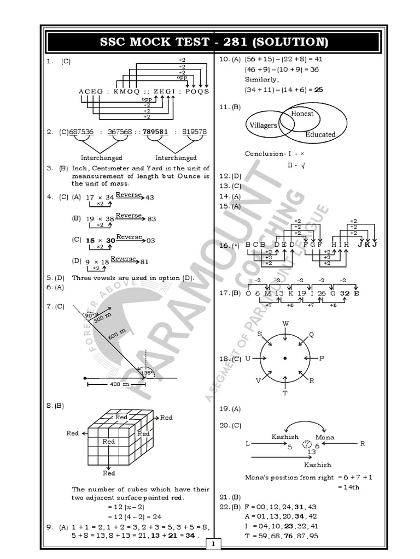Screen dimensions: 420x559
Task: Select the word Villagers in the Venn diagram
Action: point(263,126)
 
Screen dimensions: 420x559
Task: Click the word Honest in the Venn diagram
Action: point(302,114)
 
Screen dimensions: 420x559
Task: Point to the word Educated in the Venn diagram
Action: point(320,134)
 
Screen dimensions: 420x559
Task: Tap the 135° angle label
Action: point(147,373)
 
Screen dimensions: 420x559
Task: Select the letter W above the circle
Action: point(285,324)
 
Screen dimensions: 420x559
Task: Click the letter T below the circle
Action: point(285,393)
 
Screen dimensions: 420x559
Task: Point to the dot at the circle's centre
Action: point(285,358)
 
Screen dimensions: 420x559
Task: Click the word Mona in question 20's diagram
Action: point(325,437)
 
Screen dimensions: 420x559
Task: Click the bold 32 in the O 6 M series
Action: point(345,293)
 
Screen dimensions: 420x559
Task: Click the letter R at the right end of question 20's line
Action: point(362,443)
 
